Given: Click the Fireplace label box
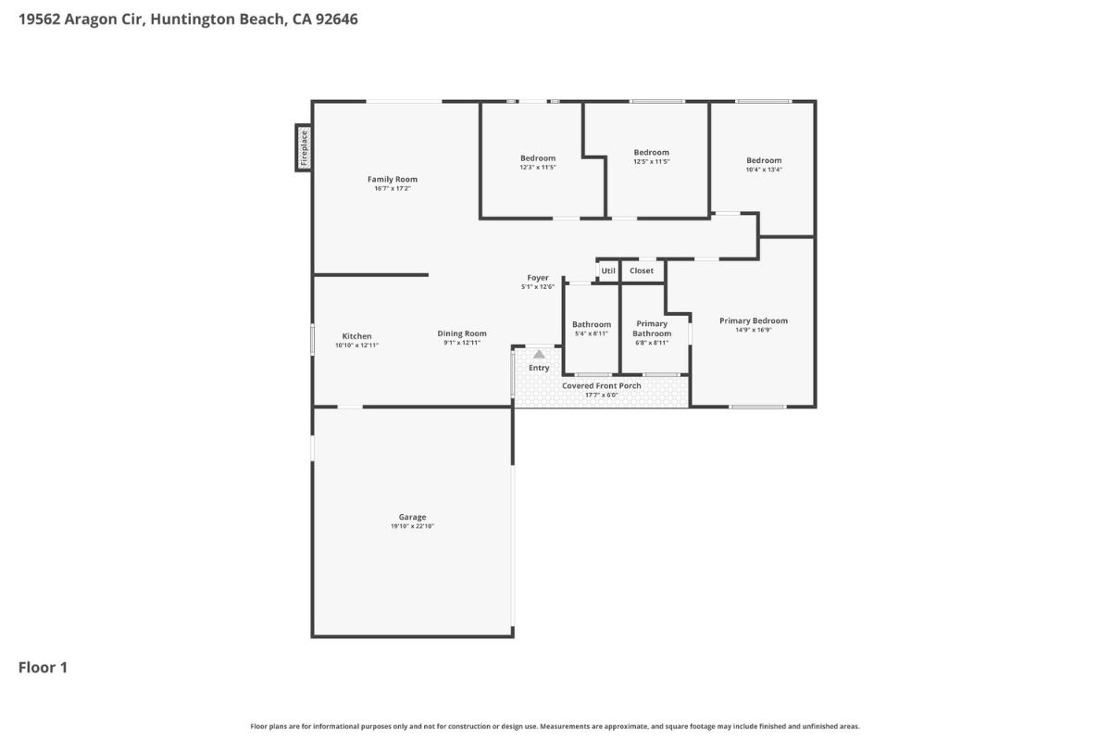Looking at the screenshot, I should pyautogui.click(x=304, y=147).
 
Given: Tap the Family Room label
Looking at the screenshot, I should pyautogui.click(x=393, y=180).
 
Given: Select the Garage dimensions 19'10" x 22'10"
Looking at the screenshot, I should pyautogui.click(x=412, y=526).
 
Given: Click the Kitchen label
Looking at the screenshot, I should pyautogui.click(x=357, y=336).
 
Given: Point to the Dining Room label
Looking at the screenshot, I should pyautogui.click(x=462, y=333).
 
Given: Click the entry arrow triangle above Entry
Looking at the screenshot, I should pyautogui.click(x=539, y=354).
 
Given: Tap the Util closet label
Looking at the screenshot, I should pyautogui.click(x=608, y=270).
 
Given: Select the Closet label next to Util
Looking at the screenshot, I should pyautogui.click(x=642, y=270).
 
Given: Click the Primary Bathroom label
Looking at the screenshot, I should pyautogui.click(x=652, y=329).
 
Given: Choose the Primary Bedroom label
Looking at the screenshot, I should pyautogui.click(x=754, y=320).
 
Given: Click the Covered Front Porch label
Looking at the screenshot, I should pyautogui.click(x=602, y=385).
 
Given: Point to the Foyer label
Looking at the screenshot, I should pyautogui.click(x=538, y=278).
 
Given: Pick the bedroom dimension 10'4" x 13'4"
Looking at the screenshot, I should pyautogui.click(x=764, y=170).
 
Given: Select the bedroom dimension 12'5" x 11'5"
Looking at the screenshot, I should pyautogui.click(x=651, y=161).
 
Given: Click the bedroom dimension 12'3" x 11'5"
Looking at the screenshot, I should pyautogui.click(x=538, y=168).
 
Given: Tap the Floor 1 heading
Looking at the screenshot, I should pyautogui.click(x=43, y=667).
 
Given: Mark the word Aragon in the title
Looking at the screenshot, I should pyautogui.click(x=97, y=19).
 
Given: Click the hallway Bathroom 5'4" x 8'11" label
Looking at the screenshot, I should pyautogui.click(x=592, y=329).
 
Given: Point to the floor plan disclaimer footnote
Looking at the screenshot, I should pyautogui.click(x=555, y=726).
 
